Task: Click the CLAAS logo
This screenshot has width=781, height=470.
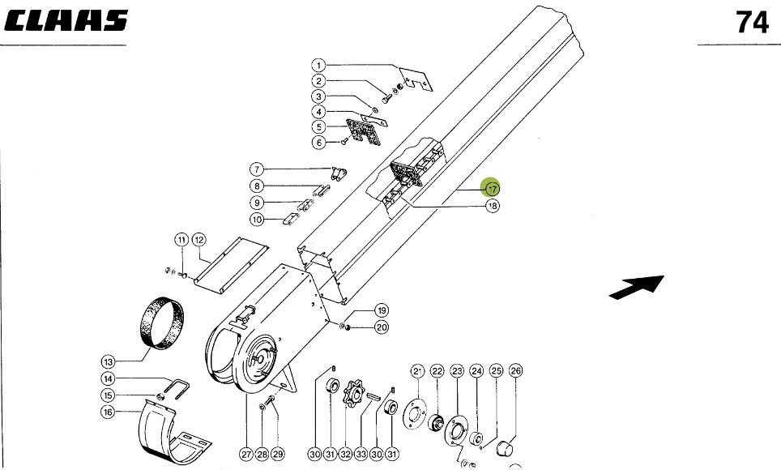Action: [x=65, y=21]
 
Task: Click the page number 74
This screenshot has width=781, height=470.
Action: [x=752, y=23]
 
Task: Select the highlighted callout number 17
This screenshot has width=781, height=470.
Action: [x=492, y=188]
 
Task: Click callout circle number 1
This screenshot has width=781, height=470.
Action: [x=319, y=65]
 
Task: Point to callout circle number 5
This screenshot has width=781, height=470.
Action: [x=319, y=127]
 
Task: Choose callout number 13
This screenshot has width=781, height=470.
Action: [x=108, y=361]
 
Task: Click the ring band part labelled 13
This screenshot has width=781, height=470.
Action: [x=161, y=323]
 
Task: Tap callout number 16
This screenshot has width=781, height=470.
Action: [x=108, y=412]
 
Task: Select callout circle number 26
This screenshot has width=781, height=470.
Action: [x=515, y=371]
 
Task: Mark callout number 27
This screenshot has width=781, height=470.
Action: [x=245, y=455]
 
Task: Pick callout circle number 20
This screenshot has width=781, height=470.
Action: [x=381, y=327]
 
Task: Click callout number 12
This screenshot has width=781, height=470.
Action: [x=198, y=239]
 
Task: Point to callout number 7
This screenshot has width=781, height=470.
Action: [x=257, y=169]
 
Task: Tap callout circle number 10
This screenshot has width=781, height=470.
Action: [x=257, y=219]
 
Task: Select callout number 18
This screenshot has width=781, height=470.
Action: [x=492, y=206]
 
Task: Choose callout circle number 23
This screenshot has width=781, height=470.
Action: [x=457, y=371]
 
